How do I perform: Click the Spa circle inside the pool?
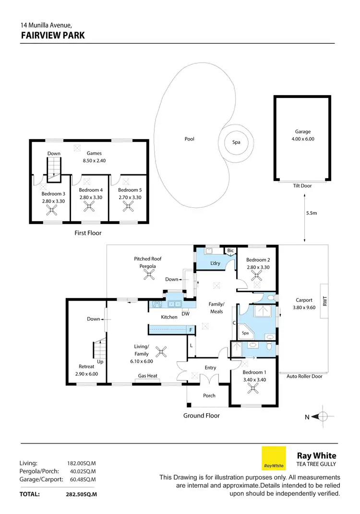(x=236, y=142)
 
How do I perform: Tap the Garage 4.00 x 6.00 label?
(x=302, y=135)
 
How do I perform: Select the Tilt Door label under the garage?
(x=302, y=186)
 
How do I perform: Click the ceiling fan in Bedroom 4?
(x=89, y=206)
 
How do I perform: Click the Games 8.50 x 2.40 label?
(x=94, y=157)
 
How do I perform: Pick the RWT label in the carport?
(x=325, y=301)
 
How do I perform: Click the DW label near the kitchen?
(x=185, y=314)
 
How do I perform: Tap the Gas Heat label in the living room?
(x=148, y=376)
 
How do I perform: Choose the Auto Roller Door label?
(x=304, y=376)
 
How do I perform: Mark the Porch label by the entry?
(x=209, y=396)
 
